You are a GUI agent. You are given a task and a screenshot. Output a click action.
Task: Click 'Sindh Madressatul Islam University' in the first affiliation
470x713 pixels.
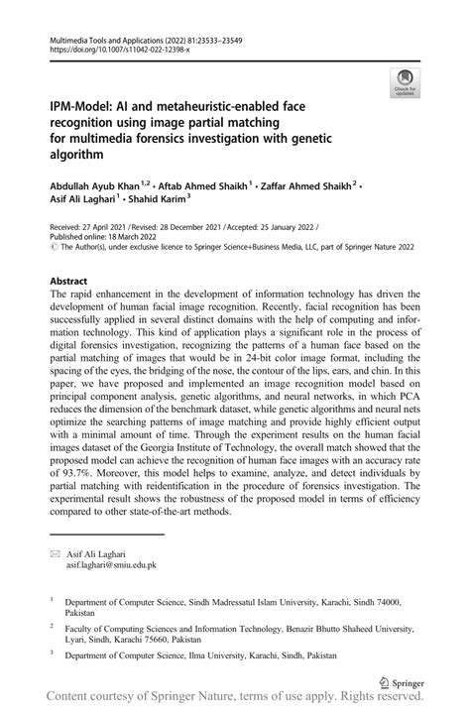pos(244,601)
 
